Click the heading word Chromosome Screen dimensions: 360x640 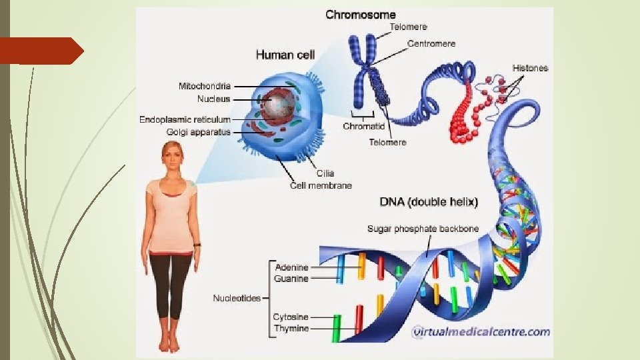360,14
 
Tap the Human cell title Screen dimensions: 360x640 285,55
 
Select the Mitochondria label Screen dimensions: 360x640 205,86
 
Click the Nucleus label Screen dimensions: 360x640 213,99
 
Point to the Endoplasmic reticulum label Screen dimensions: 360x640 185,119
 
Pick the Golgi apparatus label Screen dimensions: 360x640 198,132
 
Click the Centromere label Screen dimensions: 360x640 431,43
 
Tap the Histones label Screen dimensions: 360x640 530,68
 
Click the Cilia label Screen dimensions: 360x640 325,174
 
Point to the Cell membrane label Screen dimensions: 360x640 321,185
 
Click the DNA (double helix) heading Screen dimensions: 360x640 429,201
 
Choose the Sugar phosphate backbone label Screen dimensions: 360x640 423,229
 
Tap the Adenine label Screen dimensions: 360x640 292,267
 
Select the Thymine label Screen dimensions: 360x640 291,329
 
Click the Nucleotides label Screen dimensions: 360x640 237,298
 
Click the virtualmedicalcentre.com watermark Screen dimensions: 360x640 481,331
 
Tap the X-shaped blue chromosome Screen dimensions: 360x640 365,67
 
